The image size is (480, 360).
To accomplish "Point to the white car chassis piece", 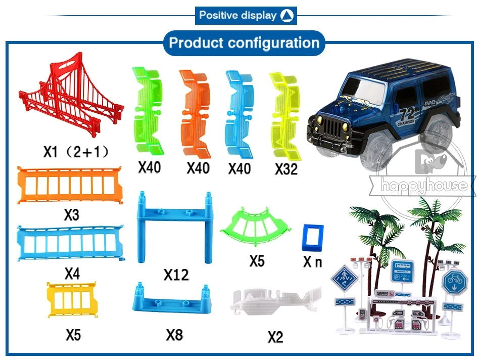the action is tap(276, 303).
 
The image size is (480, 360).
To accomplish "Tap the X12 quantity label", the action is tap(176, 275).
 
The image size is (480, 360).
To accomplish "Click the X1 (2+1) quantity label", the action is tap(76, 151).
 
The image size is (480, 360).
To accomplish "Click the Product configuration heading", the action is tap(244, 42).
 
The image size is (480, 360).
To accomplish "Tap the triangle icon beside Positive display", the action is tap(286, 15).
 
